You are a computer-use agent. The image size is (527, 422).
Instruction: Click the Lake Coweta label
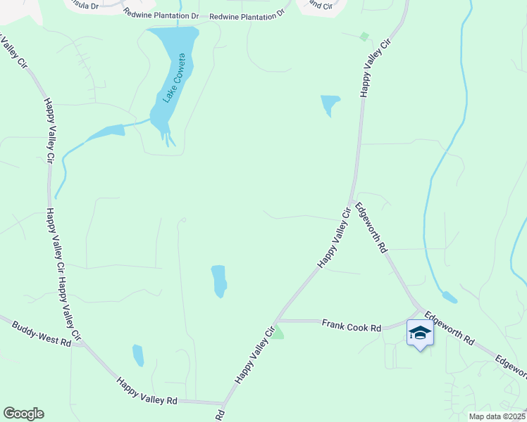click(173, 78)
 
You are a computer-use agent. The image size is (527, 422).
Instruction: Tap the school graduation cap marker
click(420, 333)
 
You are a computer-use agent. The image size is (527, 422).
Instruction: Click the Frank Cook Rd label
click(351, 326)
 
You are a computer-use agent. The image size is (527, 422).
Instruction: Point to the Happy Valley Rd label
click(147, 392)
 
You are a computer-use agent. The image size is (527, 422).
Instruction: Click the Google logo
click(23, 414)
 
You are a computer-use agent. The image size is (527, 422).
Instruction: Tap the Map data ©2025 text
click(497, 416)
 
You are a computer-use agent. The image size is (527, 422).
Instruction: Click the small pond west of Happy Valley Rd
click(138, 354)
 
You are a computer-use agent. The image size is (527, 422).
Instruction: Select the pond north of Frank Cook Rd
click(219, 281)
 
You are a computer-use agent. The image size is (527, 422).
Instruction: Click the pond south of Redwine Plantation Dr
click(329, 105)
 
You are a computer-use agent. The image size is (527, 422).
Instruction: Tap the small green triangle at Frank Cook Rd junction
click(278, 332)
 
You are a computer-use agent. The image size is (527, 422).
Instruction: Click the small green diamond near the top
click(364, 37)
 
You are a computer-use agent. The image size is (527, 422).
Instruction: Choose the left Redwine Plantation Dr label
click(161, 14)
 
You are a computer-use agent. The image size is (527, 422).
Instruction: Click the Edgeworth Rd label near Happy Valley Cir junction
click(372, 228)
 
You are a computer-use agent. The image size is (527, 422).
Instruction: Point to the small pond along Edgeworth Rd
click(449, 297)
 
